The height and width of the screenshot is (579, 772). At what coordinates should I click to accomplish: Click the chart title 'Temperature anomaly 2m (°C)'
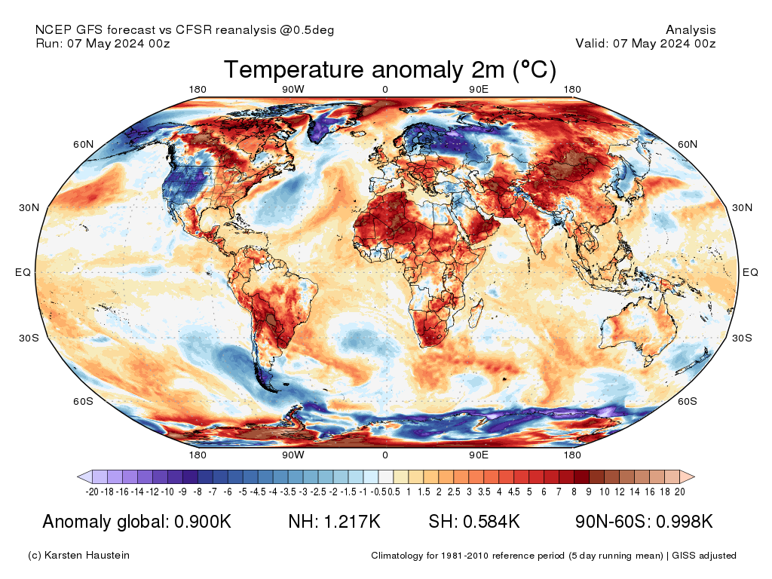[x=390, y=70]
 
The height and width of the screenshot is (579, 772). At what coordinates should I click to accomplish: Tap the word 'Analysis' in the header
[x=691, y=30]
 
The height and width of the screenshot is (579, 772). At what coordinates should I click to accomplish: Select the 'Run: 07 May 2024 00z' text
[x=103, y=43]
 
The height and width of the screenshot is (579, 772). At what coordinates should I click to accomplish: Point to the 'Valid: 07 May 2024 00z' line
[x=645, y=43]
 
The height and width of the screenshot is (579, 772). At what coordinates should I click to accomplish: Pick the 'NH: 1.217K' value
[x=334, y=522]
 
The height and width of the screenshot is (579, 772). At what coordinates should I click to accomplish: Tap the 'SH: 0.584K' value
[x=474, y=522]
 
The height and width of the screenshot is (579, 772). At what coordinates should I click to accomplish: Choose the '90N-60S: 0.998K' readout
[x=644, y=522]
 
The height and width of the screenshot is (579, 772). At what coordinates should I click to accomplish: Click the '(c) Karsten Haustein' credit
[x=78, y=556]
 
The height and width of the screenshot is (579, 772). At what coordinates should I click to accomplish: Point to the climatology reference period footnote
[x=553, y=556]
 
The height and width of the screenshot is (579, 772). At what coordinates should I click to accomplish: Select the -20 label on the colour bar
[x=93, y=492]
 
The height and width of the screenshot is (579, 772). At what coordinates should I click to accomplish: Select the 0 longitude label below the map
[x=385, y=455]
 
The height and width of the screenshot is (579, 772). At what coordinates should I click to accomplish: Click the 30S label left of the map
[x=29, y=337]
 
